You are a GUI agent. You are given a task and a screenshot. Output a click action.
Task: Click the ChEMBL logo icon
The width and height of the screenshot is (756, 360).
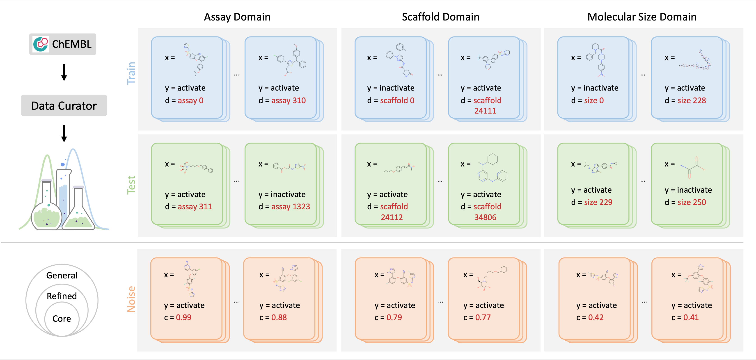coord(41,44)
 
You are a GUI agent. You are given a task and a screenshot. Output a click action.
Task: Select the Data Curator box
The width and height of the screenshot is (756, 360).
coord(64,105)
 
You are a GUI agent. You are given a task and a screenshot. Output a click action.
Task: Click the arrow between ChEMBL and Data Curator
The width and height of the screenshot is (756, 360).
coord(64,72)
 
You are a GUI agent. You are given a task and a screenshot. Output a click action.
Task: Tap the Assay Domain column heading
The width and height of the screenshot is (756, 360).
coord(237,17)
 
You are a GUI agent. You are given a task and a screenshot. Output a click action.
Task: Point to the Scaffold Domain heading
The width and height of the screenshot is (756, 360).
coord(440,17)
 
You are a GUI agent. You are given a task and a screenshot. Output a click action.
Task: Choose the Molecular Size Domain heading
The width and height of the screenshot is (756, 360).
coord(642,17)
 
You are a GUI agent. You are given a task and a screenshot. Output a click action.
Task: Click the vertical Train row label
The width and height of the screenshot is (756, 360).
coord(131,73)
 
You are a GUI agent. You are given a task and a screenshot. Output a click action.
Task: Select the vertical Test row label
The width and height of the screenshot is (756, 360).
coord(131,185)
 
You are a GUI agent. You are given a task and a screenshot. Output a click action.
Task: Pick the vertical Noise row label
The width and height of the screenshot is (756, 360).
coord(131,299)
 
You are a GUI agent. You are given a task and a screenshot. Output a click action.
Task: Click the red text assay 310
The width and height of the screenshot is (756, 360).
coord(289,101)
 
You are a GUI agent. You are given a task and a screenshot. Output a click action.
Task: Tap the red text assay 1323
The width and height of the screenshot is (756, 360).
coord(291,207)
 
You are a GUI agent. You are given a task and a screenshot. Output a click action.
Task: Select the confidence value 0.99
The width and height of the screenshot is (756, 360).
coord(184,317)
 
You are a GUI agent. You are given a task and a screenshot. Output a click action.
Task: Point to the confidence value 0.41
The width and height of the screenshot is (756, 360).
coord(691,317)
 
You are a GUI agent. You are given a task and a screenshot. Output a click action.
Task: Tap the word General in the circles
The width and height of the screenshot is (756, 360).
coord(62,275)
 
